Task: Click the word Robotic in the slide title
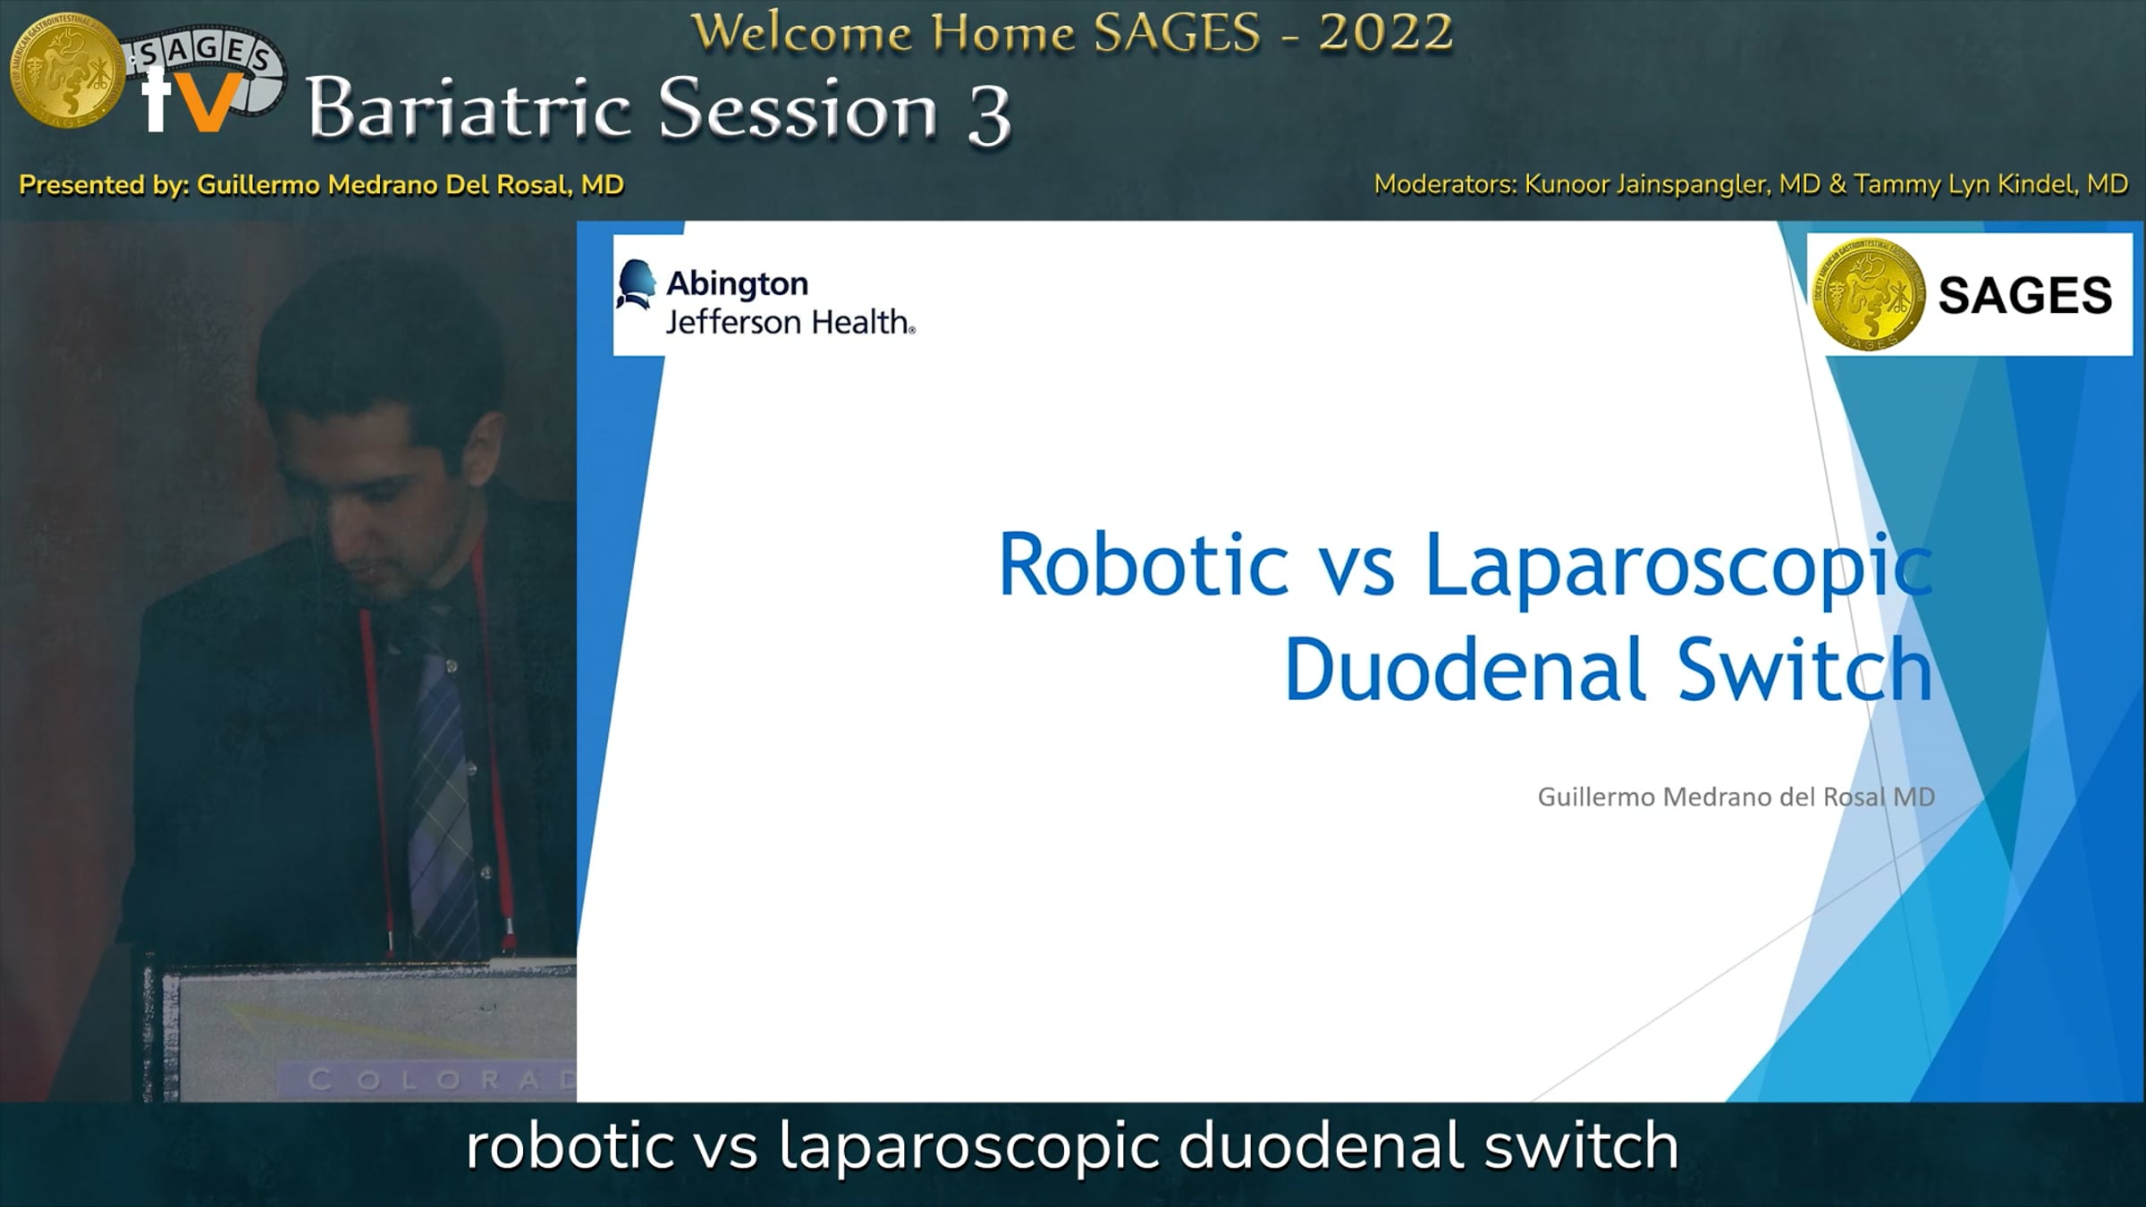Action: pyautogui.click(x=1143, y=564)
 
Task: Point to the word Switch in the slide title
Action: pyautogui.click(x=1805, y=669)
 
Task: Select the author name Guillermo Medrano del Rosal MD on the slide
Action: pyautogui.click(x=1736, y=797)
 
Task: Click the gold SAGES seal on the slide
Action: pyautogui.click(x=1868, y=294)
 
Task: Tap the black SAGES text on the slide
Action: pyautogui.click(x=2024, y=296)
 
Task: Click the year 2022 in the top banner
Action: pyautogui.click(x=1385, y=33)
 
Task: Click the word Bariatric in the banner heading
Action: pyautogui.click(x=470, y=109)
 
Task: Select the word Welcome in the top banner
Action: pyautogui.click(x=802, y=33)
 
